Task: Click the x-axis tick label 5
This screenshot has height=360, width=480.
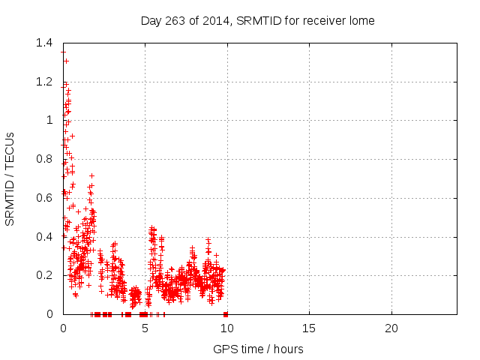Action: (145, 328)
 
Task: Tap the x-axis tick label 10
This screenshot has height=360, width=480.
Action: (226, 328)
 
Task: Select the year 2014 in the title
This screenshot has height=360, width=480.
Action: (214, 20)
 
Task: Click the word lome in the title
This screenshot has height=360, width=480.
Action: (361, 20)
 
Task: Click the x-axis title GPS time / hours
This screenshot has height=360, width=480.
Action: (258, 349)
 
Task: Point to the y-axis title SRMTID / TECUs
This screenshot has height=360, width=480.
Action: (10, 178)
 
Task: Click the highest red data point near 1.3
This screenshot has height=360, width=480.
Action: (66, 61)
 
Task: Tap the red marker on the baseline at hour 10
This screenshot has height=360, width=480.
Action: (226, 314)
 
